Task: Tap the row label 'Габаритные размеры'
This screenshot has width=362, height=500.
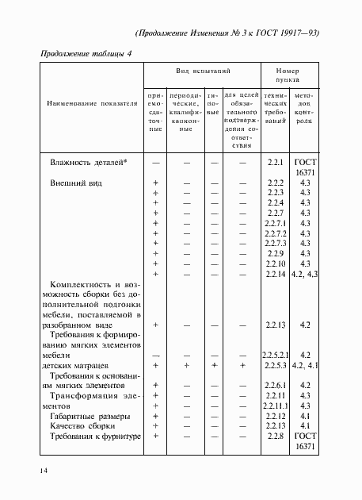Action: click(x=90, y=416)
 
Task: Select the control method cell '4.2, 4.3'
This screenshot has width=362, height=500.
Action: click(x=304, y=274)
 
